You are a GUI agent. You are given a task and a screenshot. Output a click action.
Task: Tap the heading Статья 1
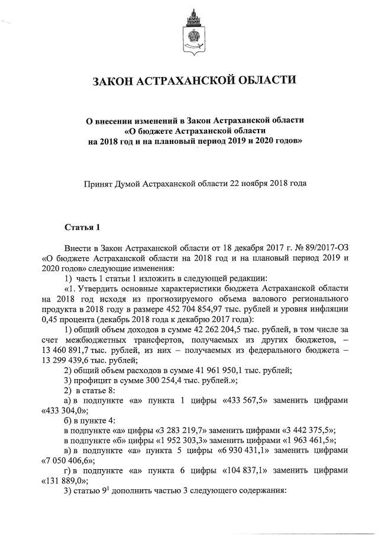tap(83, 227)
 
